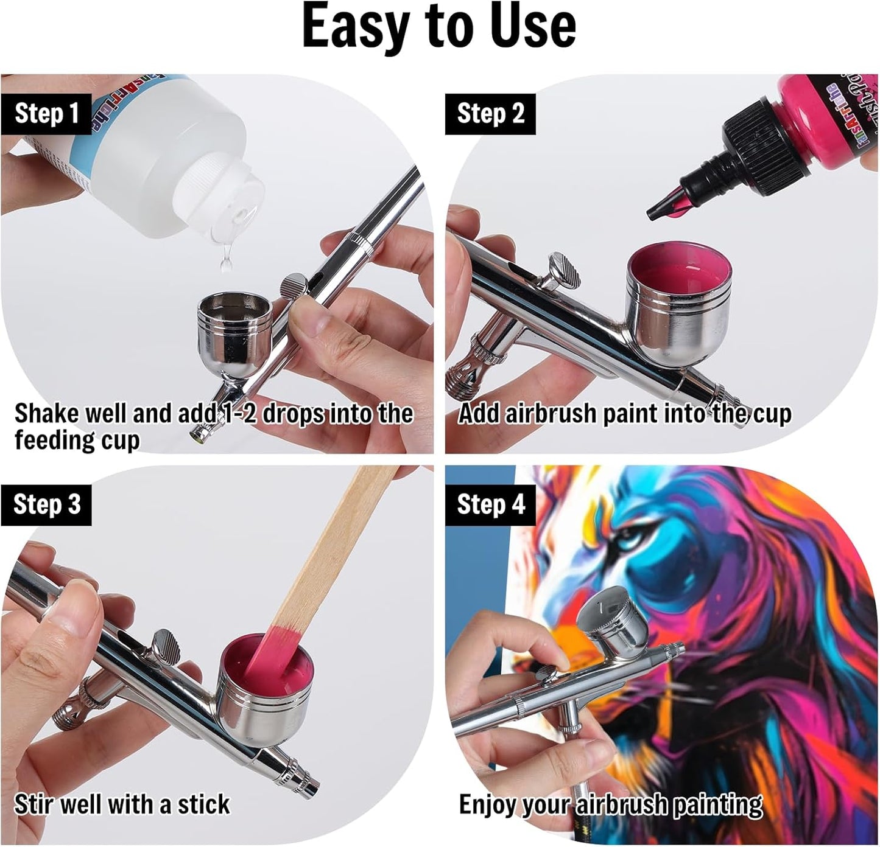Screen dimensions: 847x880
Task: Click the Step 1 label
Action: click(x=46, y=114)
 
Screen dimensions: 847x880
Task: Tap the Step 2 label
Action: click(x=490, y=114)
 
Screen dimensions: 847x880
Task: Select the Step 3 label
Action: click(x=46, y=504)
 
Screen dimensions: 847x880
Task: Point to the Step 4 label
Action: click(x=490, y=504)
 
